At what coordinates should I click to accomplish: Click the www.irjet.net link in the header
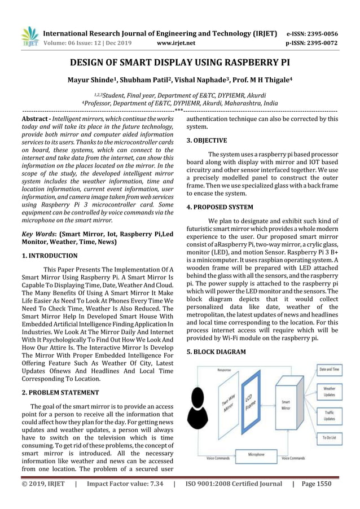178,42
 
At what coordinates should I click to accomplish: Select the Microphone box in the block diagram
257,454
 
